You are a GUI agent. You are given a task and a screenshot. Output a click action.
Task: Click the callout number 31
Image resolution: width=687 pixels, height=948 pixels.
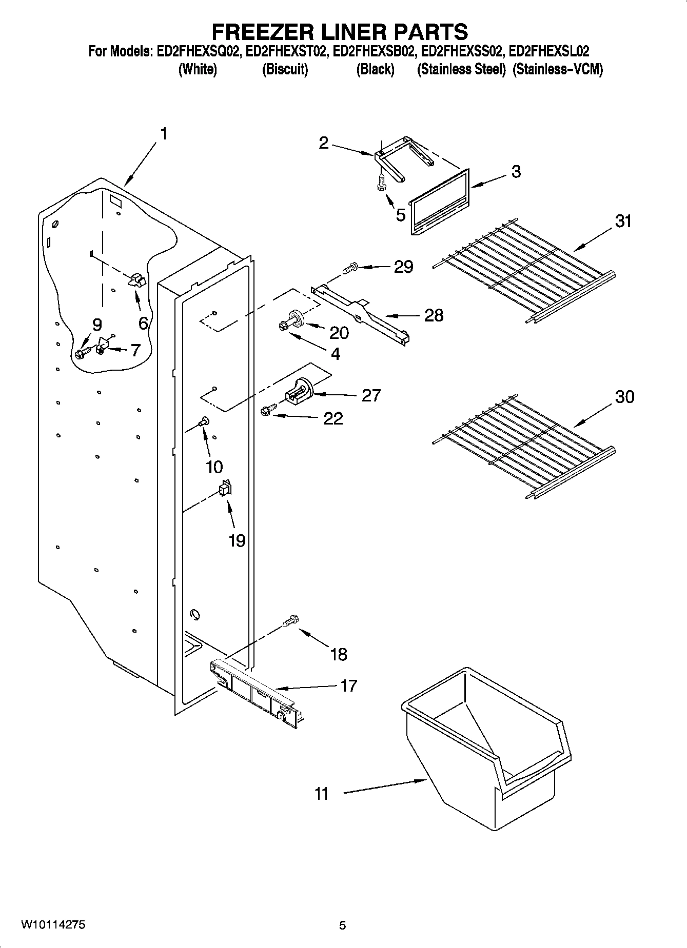point(623,221)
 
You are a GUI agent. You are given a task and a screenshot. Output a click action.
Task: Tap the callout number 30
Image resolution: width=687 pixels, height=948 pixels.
point(624,397)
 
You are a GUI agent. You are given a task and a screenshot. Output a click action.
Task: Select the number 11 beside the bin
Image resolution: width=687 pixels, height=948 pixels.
point(321,794)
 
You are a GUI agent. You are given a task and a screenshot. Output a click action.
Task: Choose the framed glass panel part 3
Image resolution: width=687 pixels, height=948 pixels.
point(440,201)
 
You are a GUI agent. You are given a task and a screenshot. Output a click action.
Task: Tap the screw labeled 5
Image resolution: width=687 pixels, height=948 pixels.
point(381,182)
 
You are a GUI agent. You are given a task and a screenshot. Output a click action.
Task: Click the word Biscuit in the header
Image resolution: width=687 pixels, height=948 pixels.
point(285,70)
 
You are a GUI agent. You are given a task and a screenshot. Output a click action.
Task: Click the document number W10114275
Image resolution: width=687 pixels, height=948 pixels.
point(53,925)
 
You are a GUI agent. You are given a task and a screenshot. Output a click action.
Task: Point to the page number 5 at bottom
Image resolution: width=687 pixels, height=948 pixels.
point(342,925)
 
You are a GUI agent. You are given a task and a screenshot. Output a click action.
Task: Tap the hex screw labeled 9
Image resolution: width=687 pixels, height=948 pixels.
point(81,353)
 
